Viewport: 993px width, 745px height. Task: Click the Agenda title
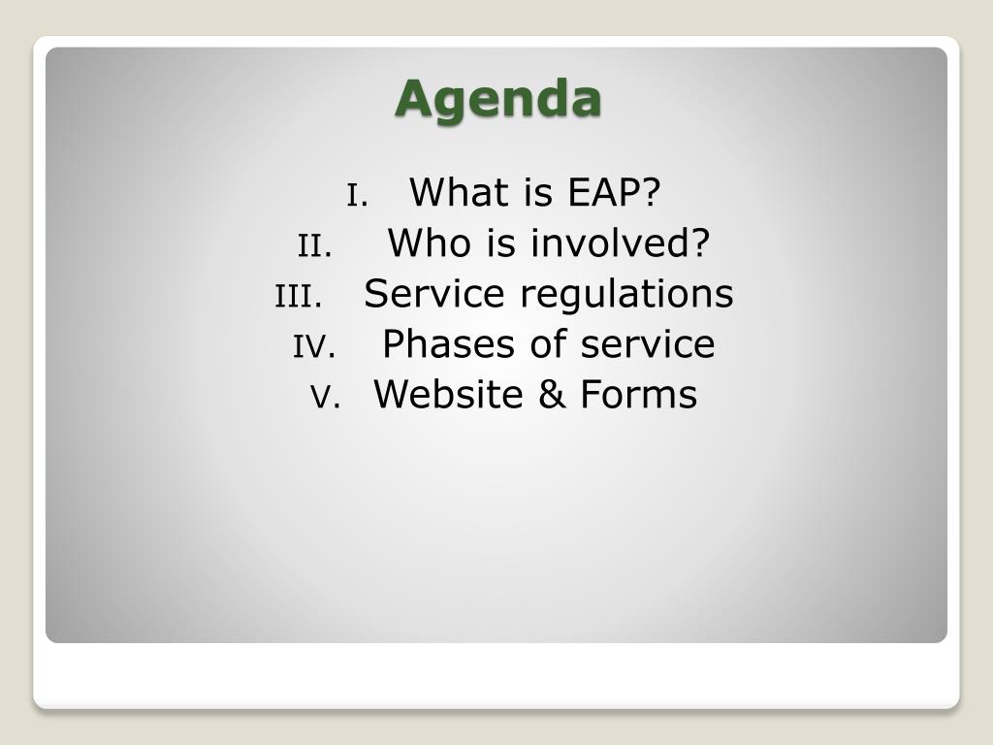497,100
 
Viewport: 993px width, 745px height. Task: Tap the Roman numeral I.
357,195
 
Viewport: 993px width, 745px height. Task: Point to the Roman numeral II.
315,245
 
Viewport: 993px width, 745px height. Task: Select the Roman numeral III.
299,297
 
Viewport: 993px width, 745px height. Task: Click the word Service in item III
433,293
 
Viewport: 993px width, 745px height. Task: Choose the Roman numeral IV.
314,346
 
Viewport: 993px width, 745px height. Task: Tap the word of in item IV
548,343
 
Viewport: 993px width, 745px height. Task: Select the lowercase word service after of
648,343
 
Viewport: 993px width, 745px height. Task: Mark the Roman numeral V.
326,397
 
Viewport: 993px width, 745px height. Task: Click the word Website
448,394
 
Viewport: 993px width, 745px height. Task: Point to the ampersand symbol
552,394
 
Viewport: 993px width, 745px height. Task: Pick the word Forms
639,394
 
